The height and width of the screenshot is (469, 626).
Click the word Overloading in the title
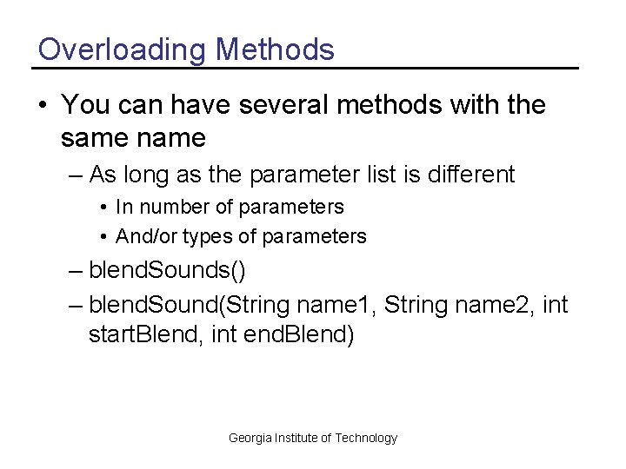pyautogui.click(x=122, y=50)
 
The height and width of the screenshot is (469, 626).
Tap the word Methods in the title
pyautogui.click(x=275, y=50)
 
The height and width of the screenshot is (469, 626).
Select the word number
pyautogui.click(x=172, y=207)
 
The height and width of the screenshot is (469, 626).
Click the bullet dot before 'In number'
pyautogui.click(x=103, y=208)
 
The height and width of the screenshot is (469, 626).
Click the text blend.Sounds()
pyautogui.click(x=167, y=271)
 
